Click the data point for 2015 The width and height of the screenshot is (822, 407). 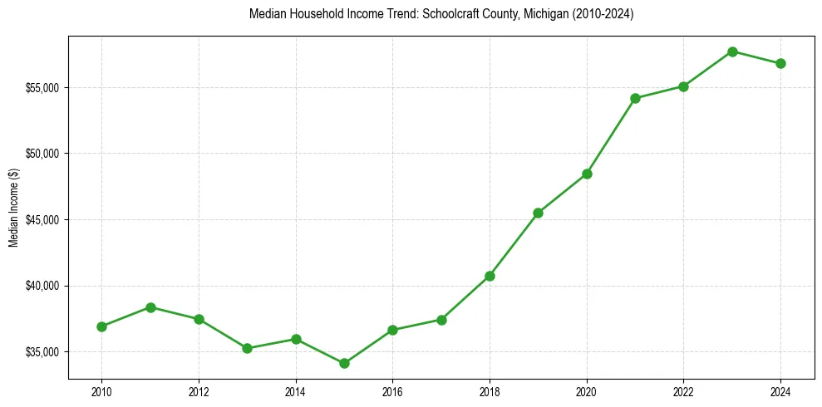click(344, 363)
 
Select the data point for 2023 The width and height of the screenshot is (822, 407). click(732, 51)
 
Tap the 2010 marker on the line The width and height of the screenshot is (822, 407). click(101, 326)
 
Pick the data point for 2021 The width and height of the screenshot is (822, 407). click(635, 98)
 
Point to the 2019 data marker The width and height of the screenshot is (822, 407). click(538, 213)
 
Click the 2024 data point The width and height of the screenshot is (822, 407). click(780, 63)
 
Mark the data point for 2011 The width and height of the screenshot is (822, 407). click(150, 307)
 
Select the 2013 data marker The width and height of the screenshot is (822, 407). click(247, 348)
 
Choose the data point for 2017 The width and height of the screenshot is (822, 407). click(441, 320)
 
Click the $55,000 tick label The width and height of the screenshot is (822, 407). click(42, 88)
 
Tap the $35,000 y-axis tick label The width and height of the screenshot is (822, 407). click(42, 352)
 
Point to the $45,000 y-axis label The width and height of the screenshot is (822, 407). click(42, 220)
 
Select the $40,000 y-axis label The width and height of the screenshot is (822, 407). click(42, 286)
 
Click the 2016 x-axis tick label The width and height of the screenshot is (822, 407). click(392, 390)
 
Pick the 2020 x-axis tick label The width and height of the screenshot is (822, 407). click(587, 390)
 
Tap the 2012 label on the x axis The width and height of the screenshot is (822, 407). click(199, 390)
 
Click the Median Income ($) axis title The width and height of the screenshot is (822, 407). click(13, 208)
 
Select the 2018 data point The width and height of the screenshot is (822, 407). click(490, 276)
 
